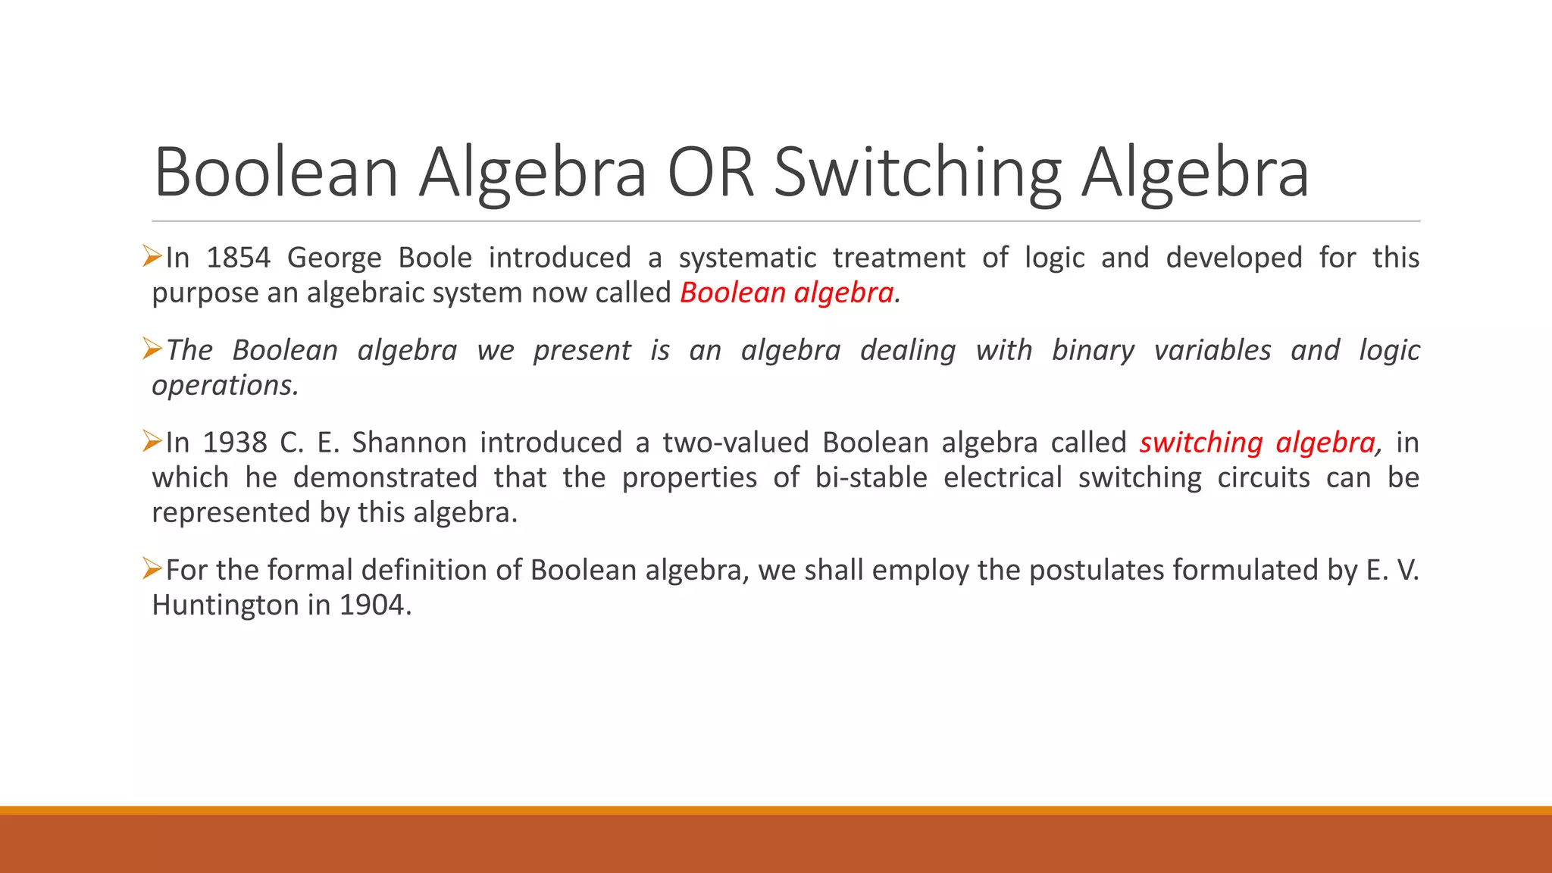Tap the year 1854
click(238, 258)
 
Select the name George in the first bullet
click(334, 258)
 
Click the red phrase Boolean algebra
click(787, 293)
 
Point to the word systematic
click(747, 258)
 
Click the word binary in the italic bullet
click(1093, 351)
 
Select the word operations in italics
click(224, 386)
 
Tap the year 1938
click(235, 443)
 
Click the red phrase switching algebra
click(1256, 443)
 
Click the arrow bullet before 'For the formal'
click(152, 568)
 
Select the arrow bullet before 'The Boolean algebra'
click(152, 348)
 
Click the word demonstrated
click(385, 477)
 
